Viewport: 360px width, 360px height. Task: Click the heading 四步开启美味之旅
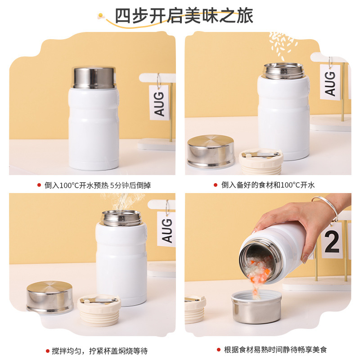coord(184,16)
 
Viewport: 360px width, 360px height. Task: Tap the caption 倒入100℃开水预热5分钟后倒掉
coord(93,184)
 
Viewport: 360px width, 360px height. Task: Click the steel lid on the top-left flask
coord(94,77)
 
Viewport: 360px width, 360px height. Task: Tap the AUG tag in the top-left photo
coord(159,102)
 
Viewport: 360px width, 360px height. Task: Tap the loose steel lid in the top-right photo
coord(211,151)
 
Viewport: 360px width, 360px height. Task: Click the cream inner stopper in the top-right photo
coord(261,161)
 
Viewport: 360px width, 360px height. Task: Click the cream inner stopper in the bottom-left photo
coord(99,309)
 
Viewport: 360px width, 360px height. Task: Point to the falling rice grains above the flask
coord(283,45)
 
